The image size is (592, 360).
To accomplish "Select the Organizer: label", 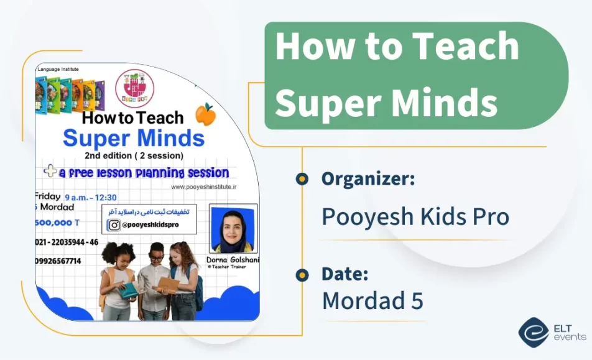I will (368, 179).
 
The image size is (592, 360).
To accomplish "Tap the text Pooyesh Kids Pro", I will (415, 216).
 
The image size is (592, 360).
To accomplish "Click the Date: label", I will (345, 274).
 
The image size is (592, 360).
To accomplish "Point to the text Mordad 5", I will (372, 300).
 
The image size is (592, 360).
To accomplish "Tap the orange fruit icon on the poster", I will (205, 114).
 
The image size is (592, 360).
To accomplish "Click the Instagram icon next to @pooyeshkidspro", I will (114, 226).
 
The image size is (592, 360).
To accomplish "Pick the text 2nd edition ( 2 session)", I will (134, 155).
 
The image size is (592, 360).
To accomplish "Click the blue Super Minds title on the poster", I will (134, 137).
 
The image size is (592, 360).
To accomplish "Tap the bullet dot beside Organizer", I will (302, 180).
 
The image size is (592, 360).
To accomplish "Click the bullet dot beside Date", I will (302, 274).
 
